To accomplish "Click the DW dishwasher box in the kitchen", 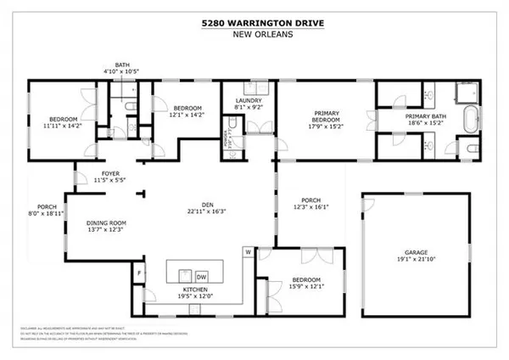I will pos(202,276).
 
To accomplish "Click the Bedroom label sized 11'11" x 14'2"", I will pos(61,125).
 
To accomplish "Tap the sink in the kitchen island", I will pos(181,274).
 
